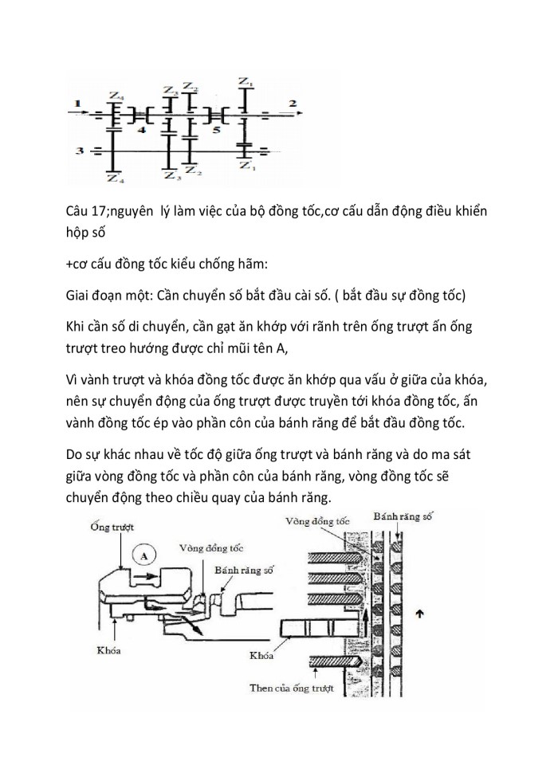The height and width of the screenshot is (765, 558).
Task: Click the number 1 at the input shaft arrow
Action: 77,103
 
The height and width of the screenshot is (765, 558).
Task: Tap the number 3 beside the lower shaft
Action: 78,149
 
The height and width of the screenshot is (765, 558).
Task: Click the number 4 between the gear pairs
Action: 141,127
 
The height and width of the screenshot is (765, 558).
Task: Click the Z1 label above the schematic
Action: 246,81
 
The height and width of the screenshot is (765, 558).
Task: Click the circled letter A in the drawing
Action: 143,554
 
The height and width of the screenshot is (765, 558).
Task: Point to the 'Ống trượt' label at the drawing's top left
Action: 110,526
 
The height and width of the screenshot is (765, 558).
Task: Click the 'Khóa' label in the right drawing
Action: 258,655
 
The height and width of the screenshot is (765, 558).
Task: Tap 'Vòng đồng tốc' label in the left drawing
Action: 210,548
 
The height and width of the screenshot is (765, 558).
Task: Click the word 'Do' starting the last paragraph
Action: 77,458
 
